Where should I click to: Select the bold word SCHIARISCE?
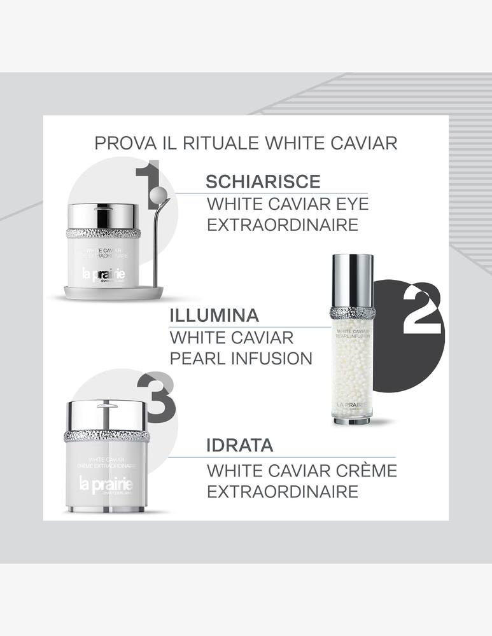(x=263, y=181)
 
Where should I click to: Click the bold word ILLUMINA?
(x=214, y=315)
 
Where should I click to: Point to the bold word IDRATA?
(x=239, y=445)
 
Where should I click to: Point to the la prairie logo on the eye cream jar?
(x=102, y=275)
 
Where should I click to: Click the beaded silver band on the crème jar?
(x=106, y=436)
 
